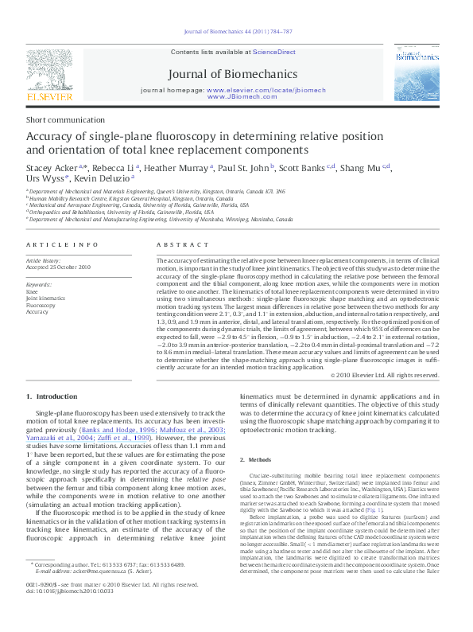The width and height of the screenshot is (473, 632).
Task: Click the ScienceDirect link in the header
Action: tap(273, 52)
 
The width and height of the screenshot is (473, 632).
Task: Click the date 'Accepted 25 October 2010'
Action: tap(59, 267)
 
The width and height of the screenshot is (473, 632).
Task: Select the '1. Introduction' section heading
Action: tap(52, 396)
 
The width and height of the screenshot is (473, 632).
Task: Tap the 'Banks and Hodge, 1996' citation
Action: tap(114, 429)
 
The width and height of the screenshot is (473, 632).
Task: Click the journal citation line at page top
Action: tap(237, 31)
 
